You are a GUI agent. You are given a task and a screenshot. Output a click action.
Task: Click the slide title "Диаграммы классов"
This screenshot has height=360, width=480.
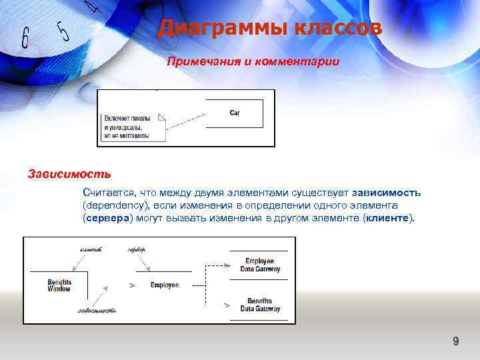[269, 29]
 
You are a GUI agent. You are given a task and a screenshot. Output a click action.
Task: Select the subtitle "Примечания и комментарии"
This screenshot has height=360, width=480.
[253, 62]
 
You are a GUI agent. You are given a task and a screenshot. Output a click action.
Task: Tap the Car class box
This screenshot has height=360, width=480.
[235, 113]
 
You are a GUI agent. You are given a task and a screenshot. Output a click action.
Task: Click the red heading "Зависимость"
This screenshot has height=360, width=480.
[69, 175]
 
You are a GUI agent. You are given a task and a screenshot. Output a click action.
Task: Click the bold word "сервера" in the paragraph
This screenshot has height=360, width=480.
[109, 218]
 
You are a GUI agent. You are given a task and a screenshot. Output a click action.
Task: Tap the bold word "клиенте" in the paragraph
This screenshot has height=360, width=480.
[389, 218]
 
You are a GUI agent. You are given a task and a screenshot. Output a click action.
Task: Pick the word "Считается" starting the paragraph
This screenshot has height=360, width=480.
[109, 193]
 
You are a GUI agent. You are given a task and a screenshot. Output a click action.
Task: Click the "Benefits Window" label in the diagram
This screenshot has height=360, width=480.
[59, 285]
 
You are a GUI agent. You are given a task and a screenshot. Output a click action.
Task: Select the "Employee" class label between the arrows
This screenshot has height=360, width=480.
[164, 285]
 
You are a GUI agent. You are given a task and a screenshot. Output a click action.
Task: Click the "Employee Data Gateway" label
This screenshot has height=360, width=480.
[260, 265]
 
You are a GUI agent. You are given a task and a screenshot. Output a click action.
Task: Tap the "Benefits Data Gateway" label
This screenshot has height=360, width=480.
[260, 305]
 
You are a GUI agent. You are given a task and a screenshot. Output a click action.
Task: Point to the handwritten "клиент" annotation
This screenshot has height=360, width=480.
[91, 249]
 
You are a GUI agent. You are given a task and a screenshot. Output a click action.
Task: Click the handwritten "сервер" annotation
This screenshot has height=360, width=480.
[136, 249]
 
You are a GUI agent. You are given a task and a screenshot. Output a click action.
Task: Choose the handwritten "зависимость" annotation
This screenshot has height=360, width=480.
[97, 311]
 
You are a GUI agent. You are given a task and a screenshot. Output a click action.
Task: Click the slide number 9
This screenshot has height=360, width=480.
[456, 342]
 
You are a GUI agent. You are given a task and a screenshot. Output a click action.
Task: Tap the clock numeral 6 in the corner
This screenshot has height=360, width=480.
[25, 39]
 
